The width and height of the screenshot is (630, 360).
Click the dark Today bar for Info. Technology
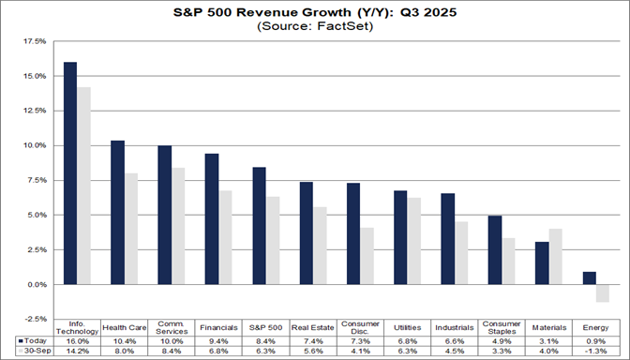[x=70, y=172]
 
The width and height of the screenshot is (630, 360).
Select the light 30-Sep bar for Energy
[x=602, y=292]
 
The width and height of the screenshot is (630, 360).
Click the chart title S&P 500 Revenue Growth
[x=315, y=14]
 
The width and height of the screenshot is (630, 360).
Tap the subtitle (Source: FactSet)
[x=315, y=28]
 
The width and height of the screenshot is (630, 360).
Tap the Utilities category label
[x=407, y=327]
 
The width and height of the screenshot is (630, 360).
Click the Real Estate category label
[x=312, y=327]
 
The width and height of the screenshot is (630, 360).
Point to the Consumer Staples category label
[x=501, y=326]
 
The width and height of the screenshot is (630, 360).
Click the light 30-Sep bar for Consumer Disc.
[x=367, y=255]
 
